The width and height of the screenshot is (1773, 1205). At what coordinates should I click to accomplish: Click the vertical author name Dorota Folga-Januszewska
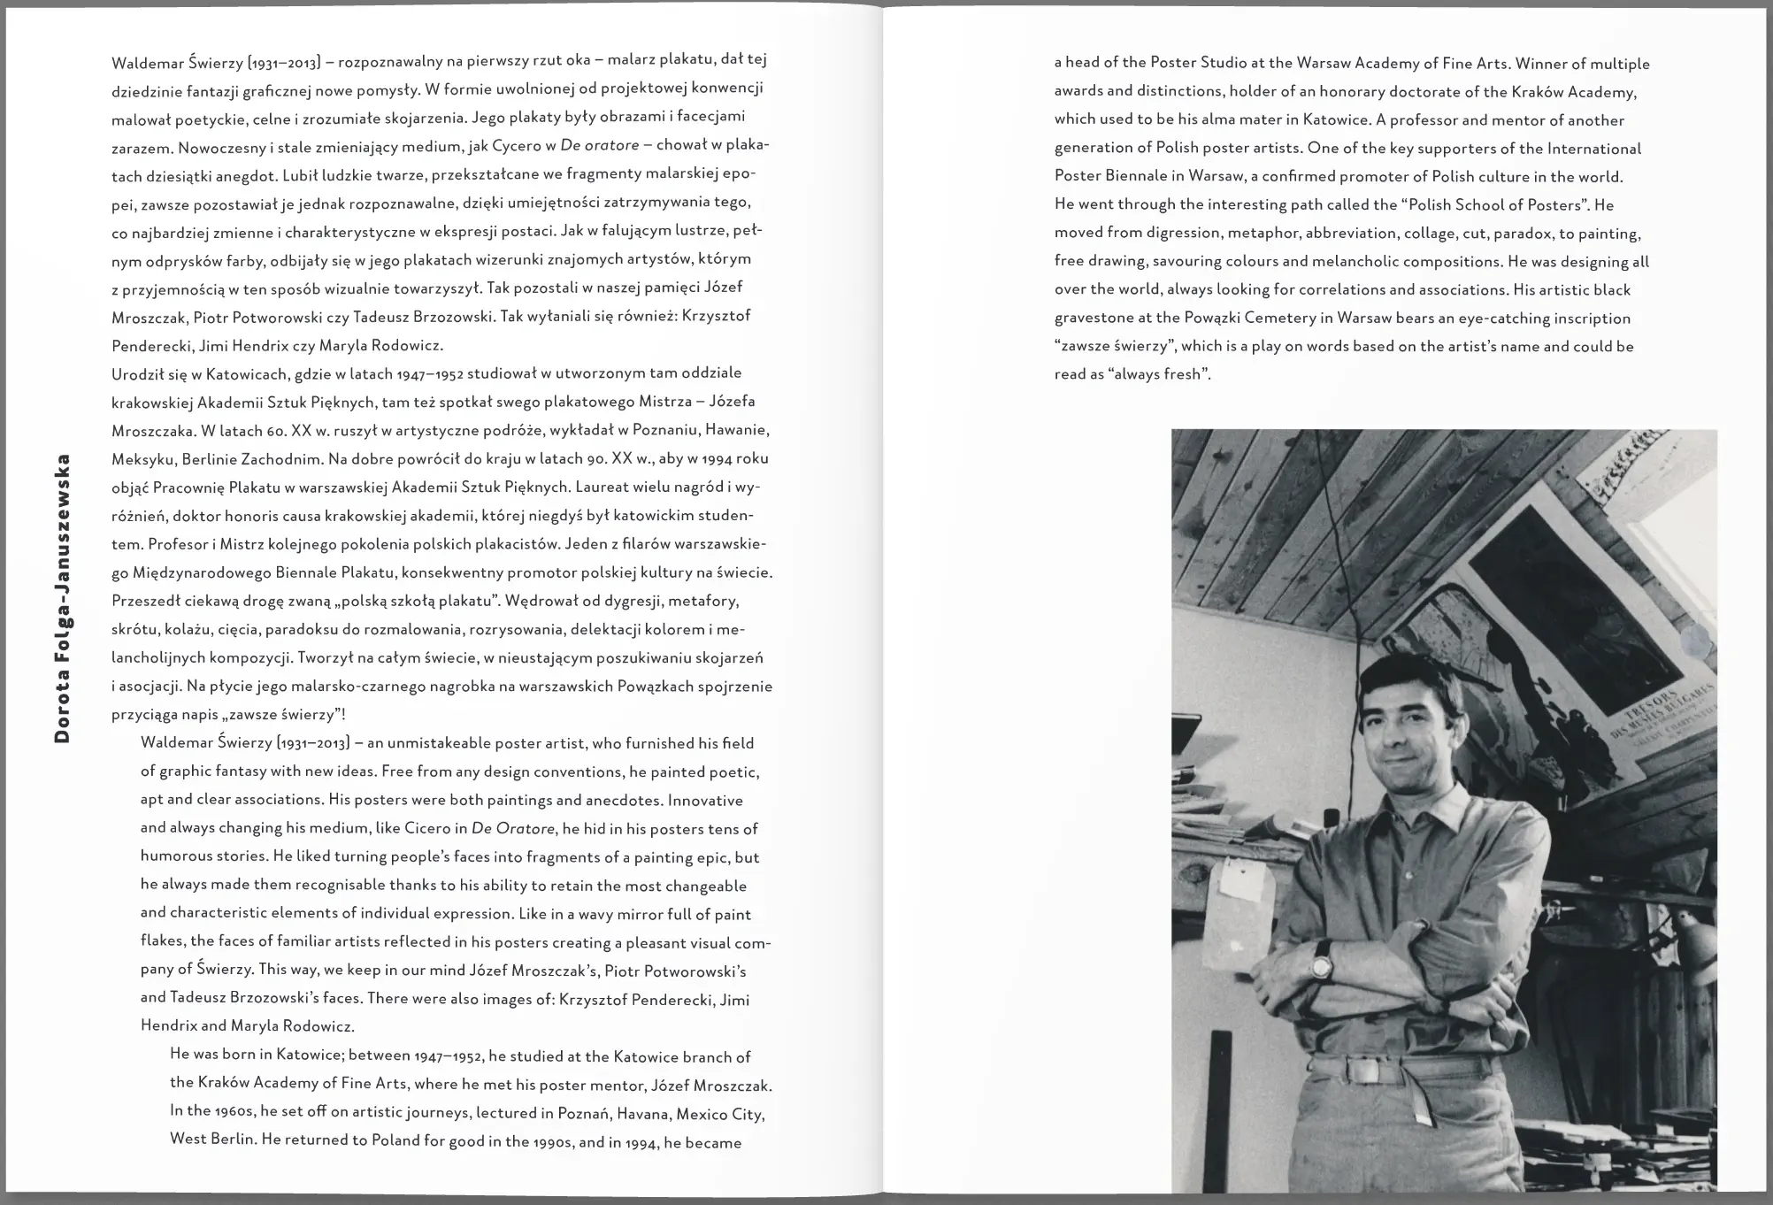coord(62,599)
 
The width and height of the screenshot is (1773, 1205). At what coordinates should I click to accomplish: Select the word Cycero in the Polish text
coord(507,145)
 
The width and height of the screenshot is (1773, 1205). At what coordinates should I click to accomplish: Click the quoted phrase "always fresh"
coord(1159,374)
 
